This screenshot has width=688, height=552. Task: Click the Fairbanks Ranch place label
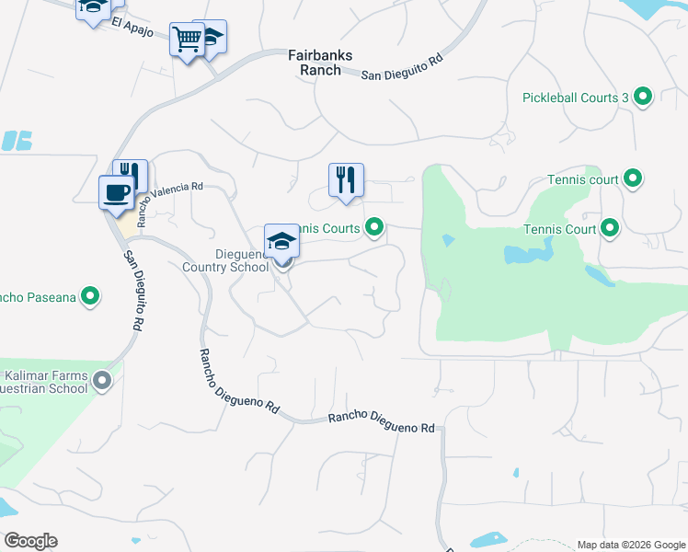pos(320,62)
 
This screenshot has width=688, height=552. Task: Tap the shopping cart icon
pos(187,40)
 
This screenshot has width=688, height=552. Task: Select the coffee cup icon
pos(116,192)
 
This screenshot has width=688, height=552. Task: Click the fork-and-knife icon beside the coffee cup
pos(131,176)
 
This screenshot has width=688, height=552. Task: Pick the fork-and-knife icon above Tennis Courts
pos(347,179)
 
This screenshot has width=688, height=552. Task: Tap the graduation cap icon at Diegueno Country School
pos(282,242)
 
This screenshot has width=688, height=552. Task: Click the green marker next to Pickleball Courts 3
pos(644,96)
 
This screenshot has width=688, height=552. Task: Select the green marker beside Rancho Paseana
pos(90,296)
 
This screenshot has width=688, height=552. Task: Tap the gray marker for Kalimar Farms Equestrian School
pos(101,379)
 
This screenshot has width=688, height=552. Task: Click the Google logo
pos(30,541)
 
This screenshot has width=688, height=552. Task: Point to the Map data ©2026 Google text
pos(630,545)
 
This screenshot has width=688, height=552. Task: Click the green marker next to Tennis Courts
pos(374,227)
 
